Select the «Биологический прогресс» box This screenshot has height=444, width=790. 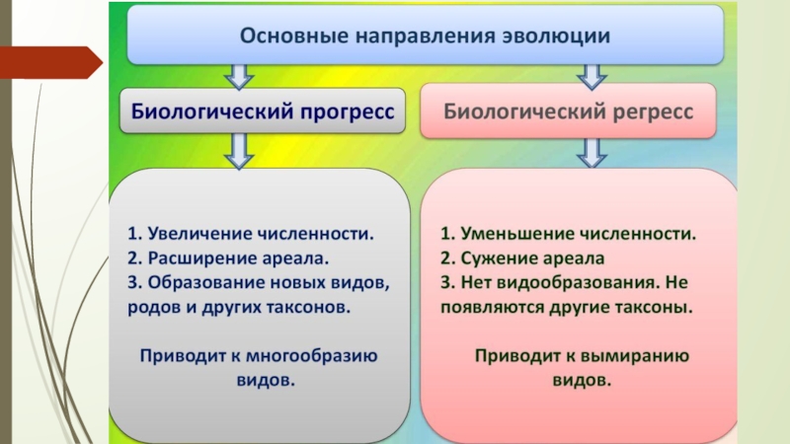click(x=263, y=111)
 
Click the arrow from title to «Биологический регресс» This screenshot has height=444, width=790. click(x=591, y=75)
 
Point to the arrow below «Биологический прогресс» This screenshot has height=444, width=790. click(x=237, y=151)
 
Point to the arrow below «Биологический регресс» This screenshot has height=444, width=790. click(x=591, y=151)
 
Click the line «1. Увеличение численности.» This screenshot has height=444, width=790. click(x=251, y=235)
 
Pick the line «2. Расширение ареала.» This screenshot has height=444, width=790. click(x=227, y=259)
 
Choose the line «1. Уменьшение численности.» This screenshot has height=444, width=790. click(x=568, y=235)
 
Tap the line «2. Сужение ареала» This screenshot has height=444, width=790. click(x=522, y=259)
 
